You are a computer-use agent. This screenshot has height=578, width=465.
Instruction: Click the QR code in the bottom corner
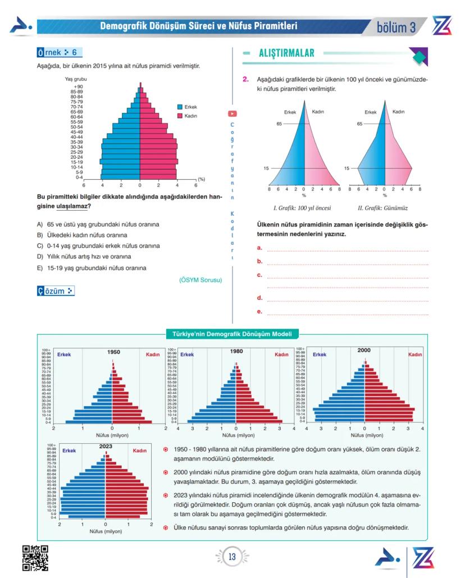coord(35,557)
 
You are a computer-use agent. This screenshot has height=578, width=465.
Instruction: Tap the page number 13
coord(232,557)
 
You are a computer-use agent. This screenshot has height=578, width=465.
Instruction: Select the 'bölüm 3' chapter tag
coord(396,28)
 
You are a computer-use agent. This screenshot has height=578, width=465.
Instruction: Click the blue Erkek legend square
coord(180,107)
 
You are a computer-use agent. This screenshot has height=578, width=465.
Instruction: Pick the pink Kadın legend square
coord(180,115)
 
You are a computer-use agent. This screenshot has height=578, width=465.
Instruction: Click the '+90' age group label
coord(78,87)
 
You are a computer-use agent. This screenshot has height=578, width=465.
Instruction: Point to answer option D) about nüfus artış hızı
coord(85,256)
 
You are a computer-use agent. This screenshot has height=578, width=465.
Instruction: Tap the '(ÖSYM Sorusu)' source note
coord(201,279)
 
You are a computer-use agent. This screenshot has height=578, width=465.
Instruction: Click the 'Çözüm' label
coord(56,291)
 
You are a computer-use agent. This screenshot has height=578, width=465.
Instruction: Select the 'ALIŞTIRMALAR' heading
coord(286,54)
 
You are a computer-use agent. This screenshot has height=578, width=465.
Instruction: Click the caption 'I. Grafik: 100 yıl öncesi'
coord(302,208)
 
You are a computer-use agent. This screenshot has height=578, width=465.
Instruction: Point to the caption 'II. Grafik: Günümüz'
coord(382,208)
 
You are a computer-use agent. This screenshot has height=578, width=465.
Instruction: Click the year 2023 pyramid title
coord(106,447)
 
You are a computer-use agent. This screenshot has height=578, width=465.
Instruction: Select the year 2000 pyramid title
coord(364,350)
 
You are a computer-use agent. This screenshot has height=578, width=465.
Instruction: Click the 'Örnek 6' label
coord(60,53)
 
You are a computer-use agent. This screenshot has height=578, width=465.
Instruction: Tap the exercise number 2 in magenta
coord(245,79)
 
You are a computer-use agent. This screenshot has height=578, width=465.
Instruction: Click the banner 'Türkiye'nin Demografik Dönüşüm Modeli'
coord(232,334)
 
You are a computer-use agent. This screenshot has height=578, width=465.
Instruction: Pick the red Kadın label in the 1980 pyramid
coord(281,354)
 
